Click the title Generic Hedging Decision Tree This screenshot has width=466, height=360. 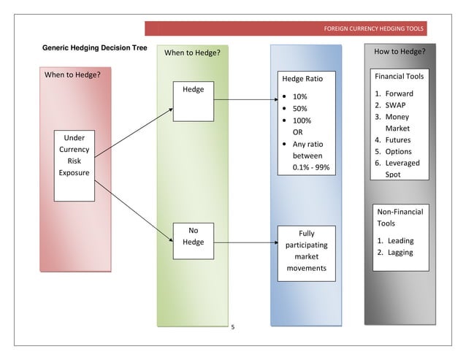click(x=94, y=48)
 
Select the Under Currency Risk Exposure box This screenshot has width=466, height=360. click(x=74, y=165)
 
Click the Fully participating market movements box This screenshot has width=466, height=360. click(x=306, y=252)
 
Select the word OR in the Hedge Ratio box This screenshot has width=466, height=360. click(x=298, y=132)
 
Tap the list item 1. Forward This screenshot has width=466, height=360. click(x=394, y=93)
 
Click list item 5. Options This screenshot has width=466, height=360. click(x=394, y=152)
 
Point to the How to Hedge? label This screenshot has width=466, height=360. click(x=400, y=52)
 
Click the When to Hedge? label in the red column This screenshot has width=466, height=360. click(x=73, y=74)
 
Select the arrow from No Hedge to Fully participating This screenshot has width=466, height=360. click(x=245, y=239)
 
